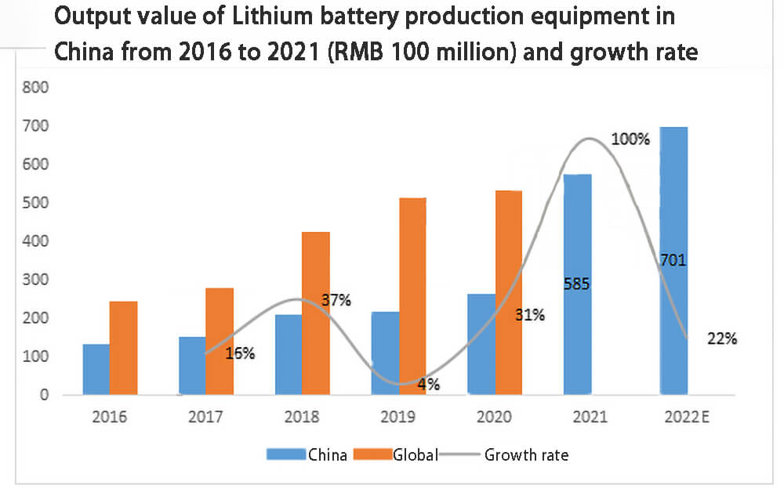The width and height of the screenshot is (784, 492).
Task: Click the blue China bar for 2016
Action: [x=96, y=369]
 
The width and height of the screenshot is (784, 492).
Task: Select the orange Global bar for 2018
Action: [x=316, y=313]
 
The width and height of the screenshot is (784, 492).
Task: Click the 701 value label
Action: [x=673, y=260]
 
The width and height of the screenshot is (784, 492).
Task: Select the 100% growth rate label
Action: [x=630, y=140]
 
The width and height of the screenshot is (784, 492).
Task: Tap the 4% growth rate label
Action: [x=428, y=384]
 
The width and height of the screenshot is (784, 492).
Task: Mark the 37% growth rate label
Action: [x=336, y=300]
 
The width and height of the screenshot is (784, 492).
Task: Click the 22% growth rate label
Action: [x=721, y=339]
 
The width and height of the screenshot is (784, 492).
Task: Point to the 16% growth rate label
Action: [x=239, y=353]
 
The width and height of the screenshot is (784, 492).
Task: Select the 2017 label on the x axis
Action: [x=205, y=418]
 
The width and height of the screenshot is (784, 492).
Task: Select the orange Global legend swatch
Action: [x=375, y=454]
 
